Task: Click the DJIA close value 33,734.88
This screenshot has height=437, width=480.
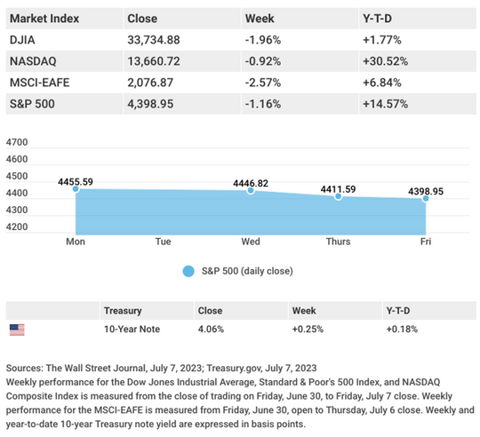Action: tap(154, 40)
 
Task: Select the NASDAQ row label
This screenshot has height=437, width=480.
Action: tap(33, 61)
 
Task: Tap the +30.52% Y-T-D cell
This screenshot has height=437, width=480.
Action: tap(386, 61)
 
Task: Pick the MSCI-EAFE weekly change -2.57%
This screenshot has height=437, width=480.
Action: tap(263, 83)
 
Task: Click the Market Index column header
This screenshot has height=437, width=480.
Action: tap(44, 19)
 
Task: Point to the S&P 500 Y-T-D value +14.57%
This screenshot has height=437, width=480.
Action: tap(386, 104)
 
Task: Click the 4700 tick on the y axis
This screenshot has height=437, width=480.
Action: tap(17, 142)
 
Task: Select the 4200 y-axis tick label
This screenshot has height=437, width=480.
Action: tap(17, 226)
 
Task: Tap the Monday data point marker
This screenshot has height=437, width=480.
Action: tap(76, 189)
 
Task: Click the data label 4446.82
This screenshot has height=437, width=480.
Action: tap(251, 183)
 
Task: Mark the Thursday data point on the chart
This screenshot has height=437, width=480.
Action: tap(339, 196)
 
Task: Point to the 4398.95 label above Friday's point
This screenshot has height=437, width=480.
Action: tap(426, 192)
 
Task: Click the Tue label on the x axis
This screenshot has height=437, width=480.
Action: tap(164, 242)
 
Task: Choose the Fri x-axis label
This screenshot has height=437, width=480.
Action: tap(426, 242)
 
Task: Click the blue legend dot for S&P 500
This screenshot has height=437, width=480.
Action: tap(188, 271)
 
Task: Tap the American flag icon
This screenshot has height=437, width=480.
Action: tap(17, 330)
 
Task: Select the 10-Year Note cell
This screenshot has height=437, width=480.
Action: tap(132, 329)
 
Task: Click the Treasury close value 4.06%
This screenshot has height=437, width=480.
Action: tap(211, 329)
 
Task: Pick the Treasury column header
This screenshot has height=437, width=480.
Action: tap(123, 311)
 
